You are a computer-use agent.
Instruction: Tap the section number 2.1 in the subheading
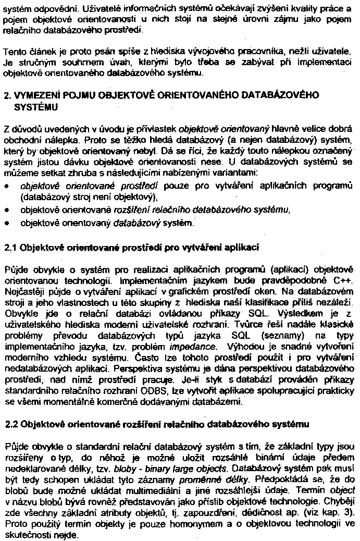click(11, 247)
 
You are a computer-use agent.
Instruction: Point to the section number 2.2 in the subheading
click(11, 424)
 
